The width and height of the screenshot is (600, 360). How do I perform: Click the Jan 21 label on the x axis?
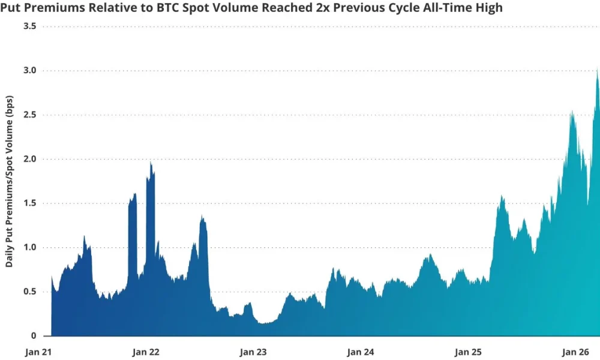click(x=38, y=352)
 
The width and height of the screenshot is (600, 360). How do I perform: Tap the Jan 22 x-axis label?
click(x=145, y=352)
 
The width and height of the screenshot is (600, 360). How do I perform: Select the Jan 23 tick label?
click(x=253, y=352)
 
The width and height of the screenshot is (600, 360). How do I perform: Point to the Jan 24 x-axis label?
click(x=361, y=352)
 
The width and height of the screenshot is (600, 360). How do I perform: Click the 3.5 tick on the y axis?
click(x=29, y=27)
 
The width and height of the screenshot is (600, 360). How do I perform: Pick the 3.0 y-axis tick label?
click(x=29, y=71)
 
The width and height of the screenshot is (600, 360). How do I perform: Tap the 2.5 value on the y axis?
click(x=29, y=115)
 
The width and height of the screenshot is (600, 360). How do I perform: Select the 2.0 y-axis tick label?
click(x=29, y=159)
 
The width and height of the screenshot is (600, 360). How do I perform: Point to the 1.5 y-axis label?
click(x=29, y=203)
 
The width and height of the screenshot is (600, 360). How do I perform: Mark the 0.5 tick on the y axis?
click(x=29, y=292)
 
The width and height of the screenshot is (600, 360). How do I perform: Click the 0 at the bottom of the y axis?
click(x=34, y=335)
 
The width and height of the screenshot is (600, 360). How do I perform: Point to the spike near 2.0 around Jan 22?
click(x=151, y=163)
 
